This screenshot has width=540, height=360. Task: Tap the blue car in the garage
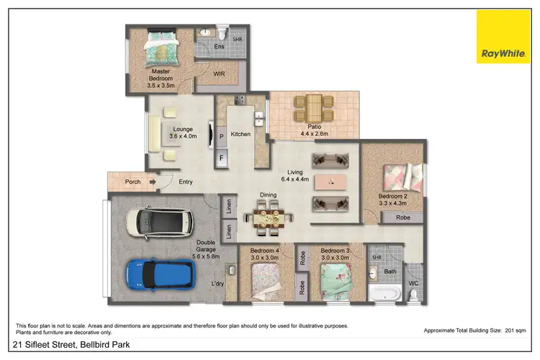(159, 274)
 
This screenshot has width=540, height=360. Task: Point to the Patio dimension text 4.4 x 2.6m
(314, 134)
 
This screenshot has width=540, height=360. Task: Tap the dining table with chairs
(270, 216)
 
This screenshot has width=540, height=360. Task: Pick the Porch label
(132, 182)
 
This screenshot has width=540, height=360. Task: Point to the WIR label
(220, 73)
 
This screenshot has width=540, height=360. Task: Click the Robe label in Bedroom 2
(404, 217)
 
